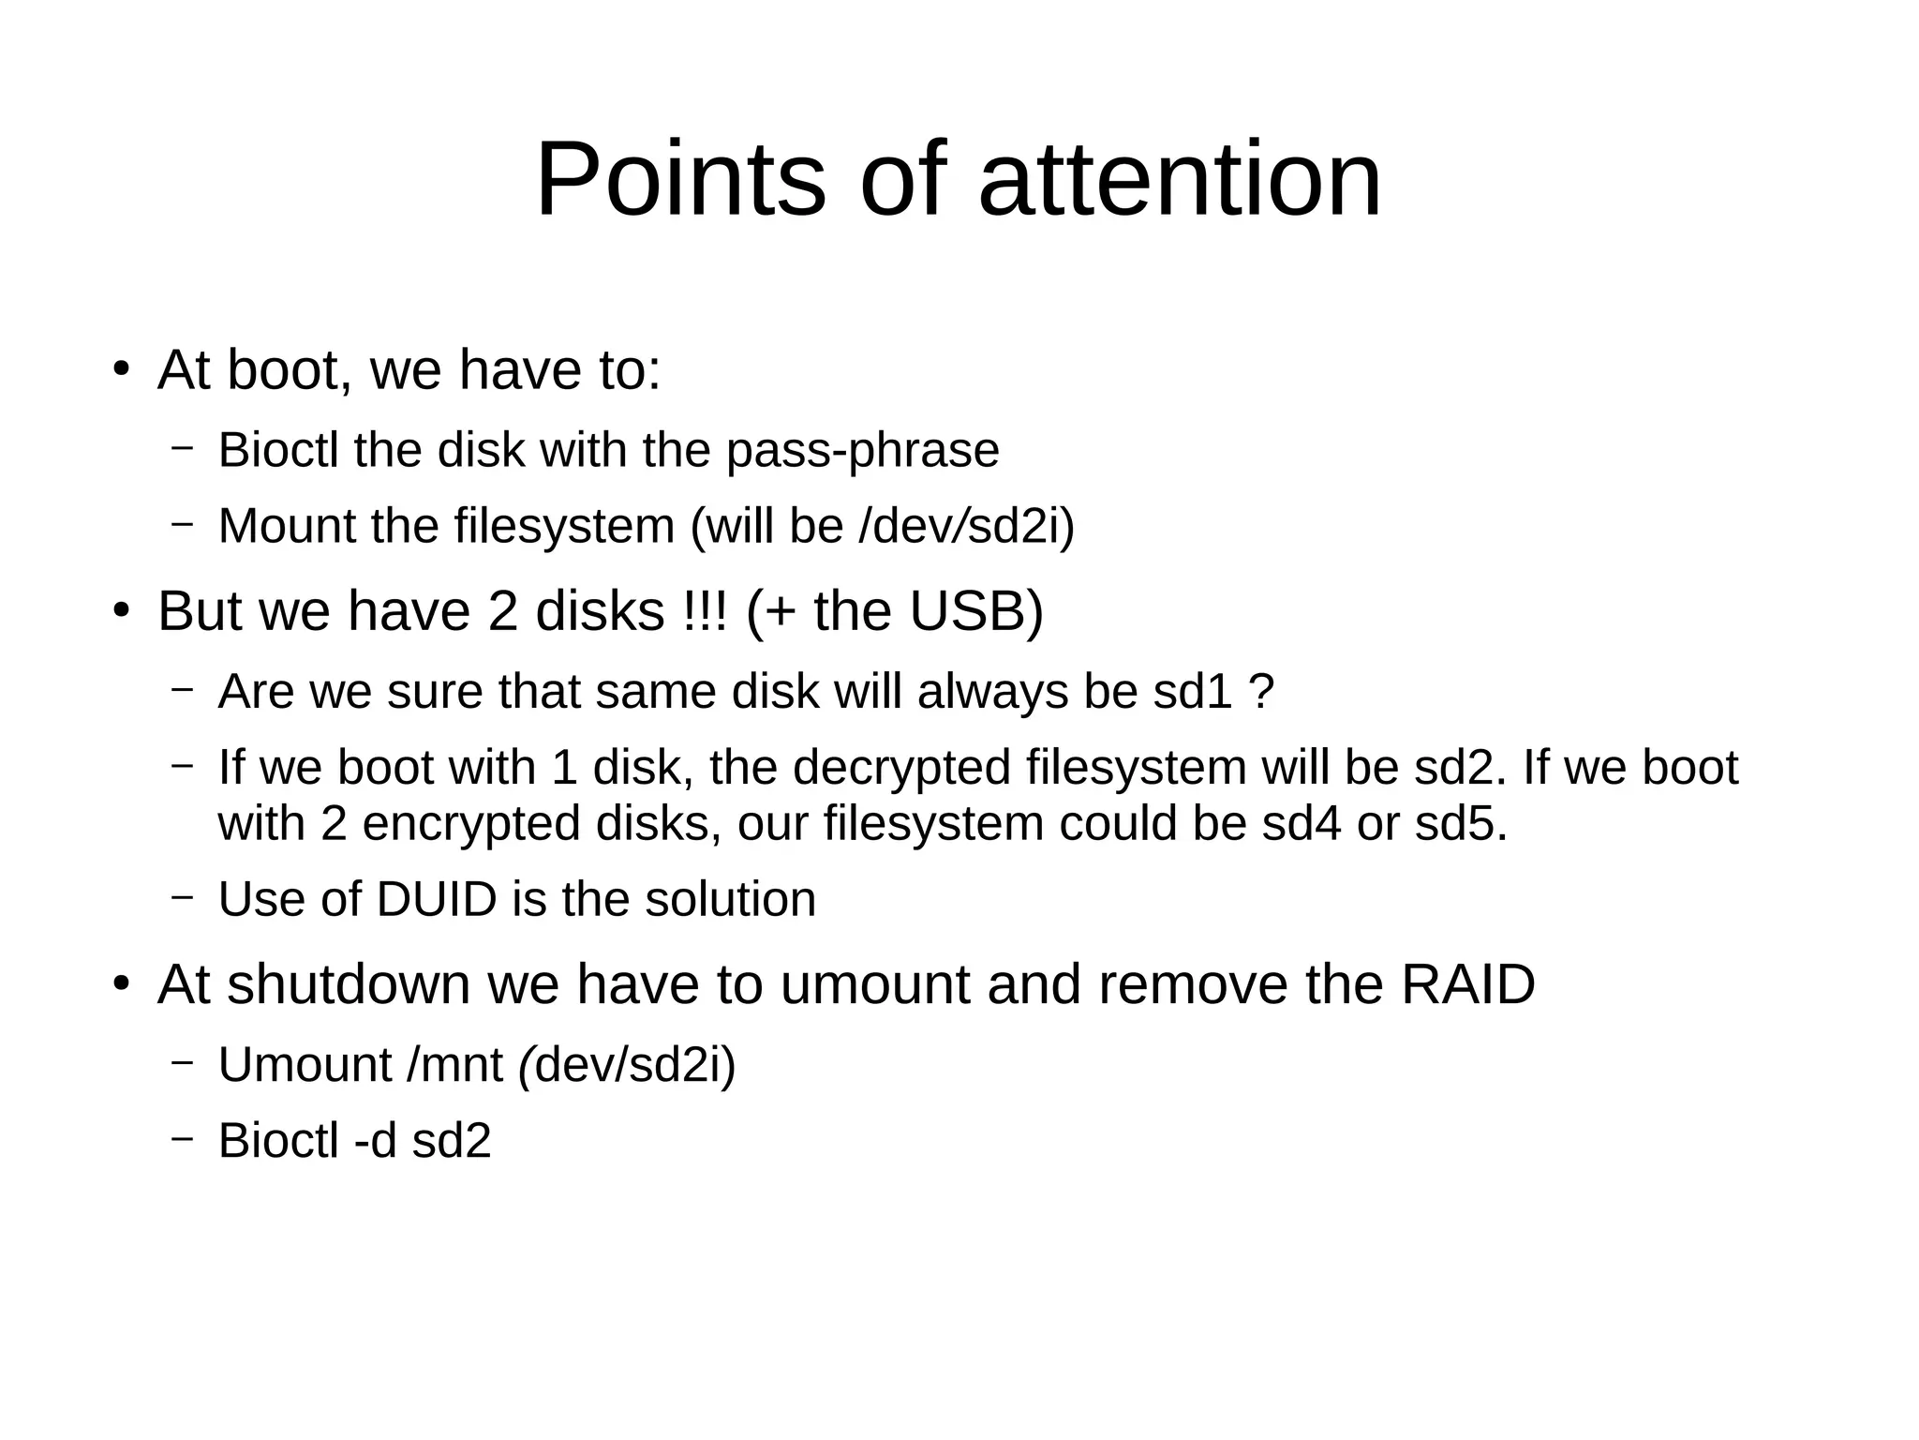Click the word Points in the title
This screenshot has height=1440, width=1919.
(680, 180)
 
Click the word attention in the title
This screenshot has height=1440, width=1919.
(1180, 180)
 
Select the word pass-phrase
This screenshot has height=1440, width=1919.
(862, 451)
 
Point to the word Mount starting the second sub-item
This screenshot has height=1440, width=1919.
(287, 526)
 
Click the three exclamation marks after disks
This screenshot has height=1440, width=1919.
(706, 611)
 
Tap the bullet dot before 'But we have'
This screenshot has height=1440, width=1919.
(120, 610)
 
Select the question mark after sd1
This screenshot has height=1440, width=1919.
(1262, 693)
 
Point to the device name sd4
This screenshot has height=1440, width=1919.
(1302, 824)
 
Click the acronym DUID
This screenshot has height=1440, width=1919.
(436, 900)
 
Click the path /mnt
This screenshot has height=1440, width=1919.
(454, 1066)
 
